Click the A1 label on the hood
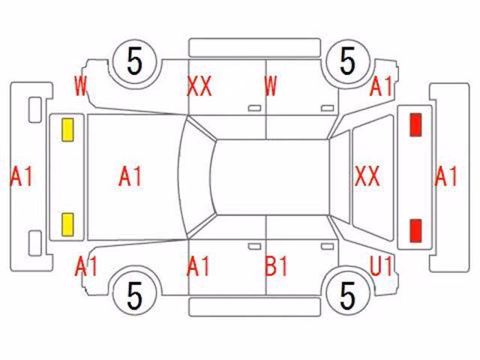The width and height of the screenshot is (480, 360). [x=130, y=176]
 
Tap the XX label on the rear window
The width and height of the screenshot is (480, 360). [x=367, y=176]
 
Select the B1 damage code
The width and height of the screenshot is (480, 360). [x=277, y=266]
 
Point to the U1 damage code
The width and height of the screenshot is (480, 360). [x=381, y=265]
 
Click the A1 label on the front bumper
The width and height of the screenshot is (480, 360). [x=22, y=176]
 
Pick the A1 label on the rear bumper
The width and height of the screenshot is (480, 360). [x=445, y=176]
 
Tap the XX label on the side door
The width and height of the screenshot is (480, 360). [x=199, y=86]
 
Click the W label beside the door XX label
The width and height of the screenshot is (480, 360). [x=271, y=86]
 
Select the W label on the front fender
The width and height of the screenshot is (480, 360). [x=81, y=86]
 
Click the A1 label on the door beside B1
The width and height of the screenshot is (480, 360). [x=198, y=266]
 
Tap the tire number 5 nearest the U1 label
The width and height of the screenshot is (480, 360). [x=348, y=295]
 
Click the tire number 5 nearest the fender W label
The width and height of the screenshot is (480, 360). [x=135, y=61]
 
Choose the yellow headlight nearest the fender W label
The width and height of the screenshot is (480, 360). [x=67, y=130]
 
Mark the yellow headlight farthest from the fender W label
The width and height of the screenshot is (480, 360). [x=67, y=225]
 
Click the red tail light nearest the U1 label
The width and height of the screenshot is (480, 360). [x=415, y=231]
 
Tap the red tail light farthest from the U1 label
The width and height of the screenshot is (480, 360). [x=415, y=124]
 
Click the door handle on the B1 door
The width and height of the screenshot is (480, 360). [x=327, y=247]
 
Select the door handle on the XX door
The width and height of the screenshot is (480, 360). [x=254, y=108]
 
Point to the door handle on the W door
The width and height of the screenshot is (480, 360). [x=327, y=108]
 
